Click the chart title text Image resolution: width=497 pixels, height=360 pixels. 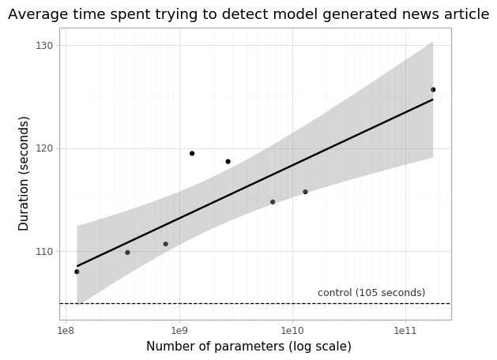coord(248,14)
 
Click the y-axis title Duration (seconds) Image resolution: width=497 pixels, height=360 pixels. coord(24,173)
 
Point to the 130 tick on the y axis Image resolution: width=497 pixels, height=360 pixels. coord(43,46)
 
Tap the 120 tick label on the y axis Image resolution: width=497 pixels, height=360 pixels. coord(43,148)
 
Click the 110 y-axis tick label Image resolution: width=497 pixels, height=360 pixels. coord(43,252)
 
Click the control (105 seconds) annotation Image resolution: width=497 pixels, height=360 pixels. coord(371,293)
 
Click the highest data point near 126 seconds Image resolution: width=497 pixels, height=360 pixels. coord(433,90)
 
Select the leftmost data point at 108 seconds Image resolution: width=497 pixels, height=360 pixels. coord(77,272)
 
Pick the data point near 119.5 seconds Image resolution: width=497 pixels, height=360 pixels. coord(192,153)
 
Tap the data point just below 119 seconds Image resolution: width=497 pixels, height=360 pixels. coord(228,162)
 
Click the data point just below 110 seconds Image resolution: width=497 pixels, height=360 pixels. coord(127,253)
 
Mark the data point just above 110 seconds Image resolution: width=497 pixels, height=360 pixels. coord(166,244)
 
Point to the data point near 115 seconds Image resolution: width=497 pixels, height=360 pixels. coord(273,202)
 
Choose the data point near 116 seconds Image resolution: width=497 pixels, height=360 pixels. coord(305,192)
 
